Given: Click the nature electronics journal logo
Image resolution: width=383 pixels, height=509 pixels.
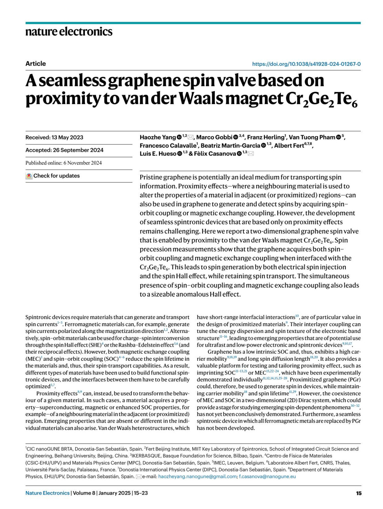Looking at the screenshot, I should tap(69, 32).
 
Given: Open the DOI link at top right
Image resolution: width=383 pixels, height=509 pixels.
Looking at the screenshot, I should tap(306, 64).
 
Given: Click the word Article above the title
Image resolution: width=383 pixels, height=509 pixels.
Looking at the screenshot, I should tap(35, 64).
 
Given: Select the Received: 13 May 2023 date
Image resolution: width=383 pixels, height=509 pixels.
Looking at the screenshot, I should tap(54, 137).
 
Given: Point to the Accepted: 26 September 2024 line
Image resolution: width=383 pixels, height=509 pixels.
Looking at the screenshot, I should tap(64, 150).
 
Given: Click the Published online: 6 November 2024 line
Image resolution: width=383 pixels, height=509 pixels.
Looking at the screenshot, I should tap(64, 163).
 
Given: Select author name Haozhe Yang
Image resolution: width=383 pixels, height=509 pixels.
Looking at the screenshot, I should tap(158, 137).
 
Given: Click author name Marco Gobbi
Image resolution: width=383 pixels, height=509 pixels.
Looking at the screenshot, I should tap(214, 137).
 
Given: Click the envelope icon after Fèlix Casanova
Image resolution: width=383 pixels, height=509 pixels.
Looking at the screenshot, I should tap(251, 154).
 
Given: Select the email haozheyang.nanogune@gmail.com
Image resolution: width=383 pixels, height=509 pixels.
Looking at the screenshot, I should tap(197, 476).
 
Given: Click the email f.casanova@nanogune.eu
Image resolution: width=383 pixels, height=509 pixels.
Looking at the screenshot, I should tap(267, 476).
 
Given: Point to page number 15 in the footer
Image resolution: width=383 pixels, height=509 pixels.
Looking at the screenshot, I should tap(359, 493).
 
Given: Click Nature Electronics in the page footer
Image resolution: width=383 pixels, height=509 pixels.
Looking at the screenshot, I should tap(47, 493).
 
